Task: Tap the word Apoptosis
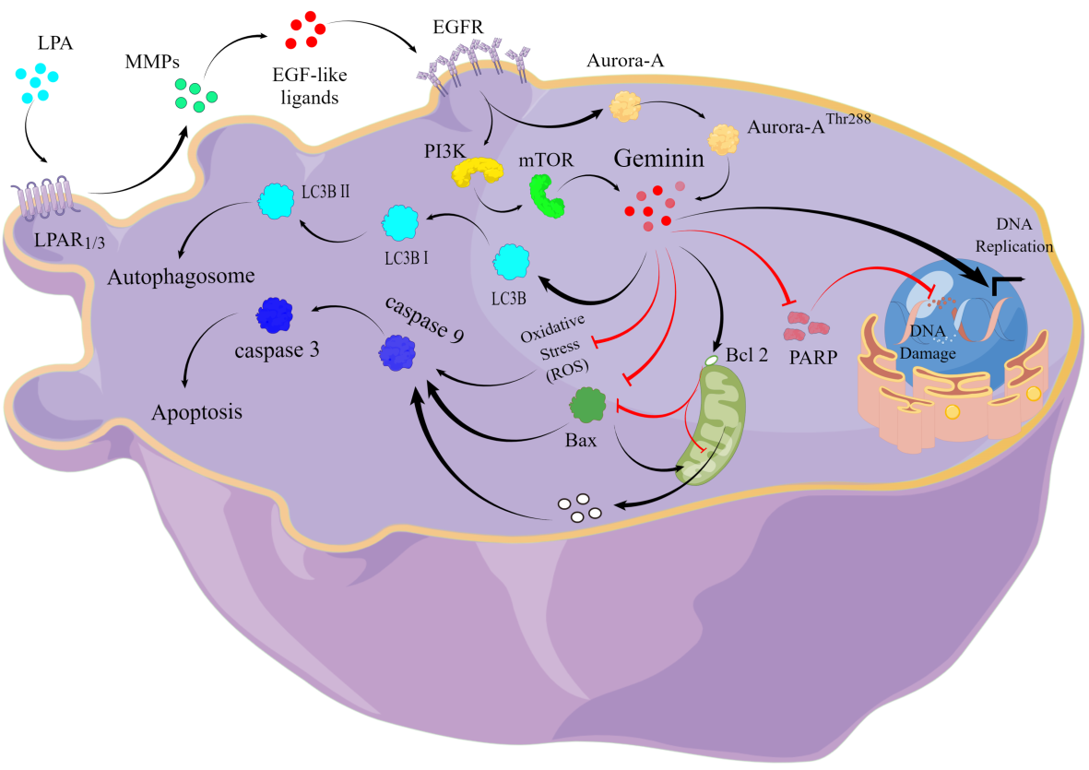(197, 411)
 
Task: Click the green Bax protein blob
(586, 404)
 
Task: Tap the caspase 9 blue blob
(397, 352)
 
